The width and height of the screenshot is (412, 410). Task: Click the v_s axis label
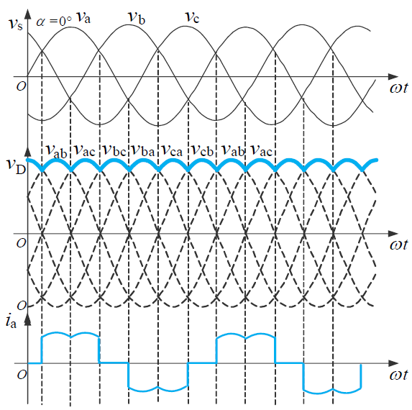coord(16,24)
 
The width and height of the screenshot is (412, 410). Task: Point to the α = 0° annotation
coord(54,21)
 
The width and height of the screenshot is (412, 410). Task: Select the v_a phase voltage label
coord(83,17)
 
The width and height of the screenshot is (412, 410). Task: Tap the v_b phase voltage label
coord(137,17)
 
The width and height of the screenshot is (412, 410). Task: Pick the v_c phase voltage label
coord(192,17)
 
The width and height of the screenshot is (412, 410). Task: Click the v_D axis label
coord(17,166)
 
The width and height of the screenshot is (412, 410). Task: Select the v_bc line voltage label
coord(114,151)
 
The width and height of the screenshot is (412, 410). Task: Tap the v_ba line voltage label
coord(143,151)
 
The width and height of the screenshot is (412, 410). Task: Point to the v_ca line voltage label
coord(173,151)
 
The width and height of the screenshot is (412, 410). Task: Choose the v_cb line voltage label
coord(202,151)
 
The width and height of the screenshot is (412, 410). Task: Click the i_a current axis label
coord(11,322)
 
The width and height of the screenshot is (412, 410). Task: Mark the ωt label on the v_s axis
coord(399,88)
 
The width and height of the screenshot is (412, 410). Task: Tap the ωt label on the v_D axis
coord(399,245)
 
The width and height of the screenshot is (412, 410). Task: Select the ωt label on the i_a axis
coord(399,375)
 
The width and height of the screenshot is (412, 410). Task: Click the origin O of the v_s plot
coord(22,86)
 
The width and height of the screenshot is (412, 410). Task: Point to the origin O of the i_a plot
coord(22,375)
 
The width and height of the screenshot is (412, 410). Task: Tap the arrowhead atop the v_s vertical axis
coord(27,14)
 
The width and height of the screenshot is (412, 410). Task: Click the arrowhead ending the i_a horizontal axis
coord(393,363)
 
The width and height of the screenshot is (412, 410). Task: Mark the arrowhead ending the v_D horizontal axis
coord(393,233)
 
